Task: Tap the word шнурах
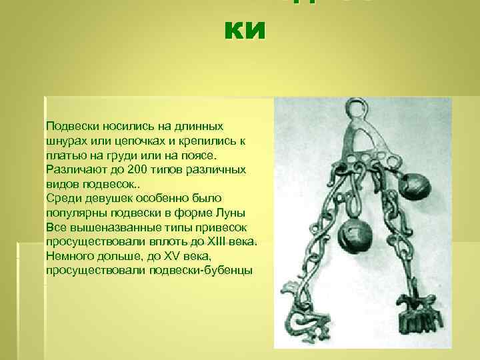[64, 141]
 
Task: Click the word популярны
[75, 213]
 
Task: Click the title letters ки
[245, 31]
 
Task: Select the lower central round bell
[351, 234]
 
